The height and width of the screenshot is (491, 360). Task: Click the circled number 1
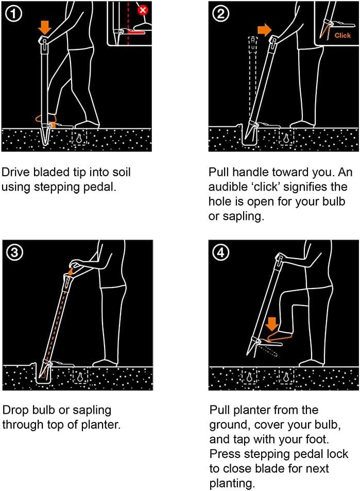[x=13, y=14]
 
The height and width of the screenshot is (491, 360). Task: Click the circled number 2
[x=221, y=14]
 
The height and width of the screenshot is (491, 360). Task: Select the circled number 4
[x=221, y=252]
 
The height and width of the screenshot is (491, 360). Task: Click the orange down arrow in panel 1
[x=45, y=27]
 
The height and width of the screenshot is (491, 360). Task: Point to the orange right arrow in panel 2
[x=264, y=30]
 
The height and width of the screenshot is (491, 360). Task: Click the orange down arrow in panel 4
[x=272, y=324]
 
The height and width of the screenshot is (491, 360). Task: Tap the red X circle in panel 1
[x=143, y=10]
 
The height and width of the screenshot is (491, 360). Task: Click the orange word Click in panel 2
[x=342, y=36]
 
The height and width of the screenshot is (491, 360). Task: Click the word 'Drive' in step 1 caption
[x=15, y=172]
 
